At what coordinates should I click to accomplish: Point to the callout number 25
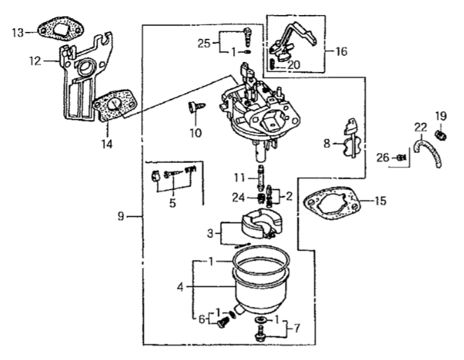point(204,43)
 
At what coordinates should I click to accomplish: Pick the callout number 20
point(294,64)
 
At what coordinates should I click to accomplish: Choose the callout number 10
point(196,132)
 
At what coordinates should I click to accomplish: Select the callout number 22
point(420,127)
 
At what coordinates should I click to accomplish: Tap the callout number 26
point(383,157)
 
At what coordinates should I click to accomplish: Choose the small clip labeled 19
point(442,133)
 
